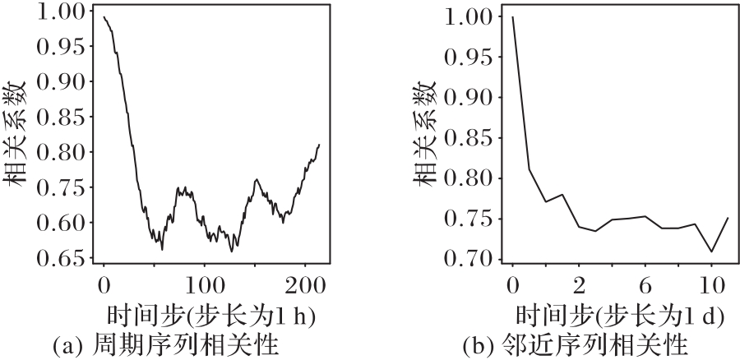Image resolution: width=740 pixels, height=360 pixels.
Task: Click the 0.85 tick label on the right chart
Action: [x=471, y=137]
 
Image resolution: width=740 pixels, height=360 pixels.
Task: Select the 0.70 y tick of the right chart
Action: [x=471, y=259]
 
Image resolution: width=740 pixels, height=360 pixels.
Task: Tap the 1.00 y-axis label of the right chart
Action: [x=471, y=17]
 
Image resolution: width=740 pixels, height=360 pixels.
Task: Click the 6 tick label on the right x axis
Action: [x=645, y=286]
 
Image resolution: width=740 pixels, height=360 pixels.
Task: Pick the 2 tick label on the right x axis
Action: [x=579, y=286]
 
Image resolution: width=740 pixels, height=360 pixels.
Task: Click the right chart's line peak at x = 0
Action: [x=512, y=17]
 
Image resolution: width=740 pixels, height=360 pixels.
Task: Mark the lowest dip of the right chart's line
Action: [x=712, y=252]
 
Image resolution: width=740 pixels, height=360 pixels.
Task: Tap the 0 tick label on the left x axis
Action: [x=104, y=286]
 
